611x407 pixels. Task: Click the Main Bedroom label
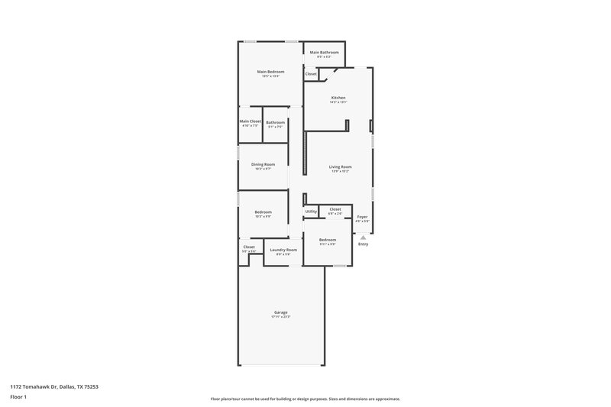tap(270, 72)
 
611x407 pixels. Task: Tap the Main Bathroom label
tap(325, 53)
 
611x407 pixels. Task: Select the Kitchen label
tap(338, 98)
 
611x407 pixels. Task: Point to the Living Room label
tap(340, 166)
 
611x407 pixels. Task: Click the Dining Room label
tap(263, 163)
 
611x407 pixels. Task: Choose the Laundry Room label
tap(283, 250)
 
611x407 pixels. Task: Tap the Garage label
tap(280, 312)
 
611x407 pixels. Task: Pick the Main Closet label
tap(251, 121)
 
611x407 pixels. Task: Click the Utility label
tap(311, 212)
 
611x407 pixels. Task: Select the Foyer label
tap(363, 217)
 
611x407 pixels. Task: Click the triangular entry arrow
tap(363, 237)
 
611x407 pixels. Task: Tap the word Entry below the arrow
tap(363, 244)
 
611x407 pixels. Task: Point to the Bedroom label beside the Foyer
tap(327, 240)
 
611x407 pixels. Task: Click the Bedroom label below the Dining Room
tap(263, 212)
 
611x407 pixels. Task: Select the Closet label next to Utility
tap(335, 208)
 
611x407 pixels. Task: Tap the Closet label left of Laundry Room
tap(249, 247)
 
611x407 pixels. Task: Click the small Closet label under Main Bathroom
tap(311, 74)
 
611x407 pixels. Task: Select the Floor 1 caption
tap(19, 398)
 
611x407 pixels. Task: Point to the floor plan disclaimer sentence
tap(305, 399)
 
